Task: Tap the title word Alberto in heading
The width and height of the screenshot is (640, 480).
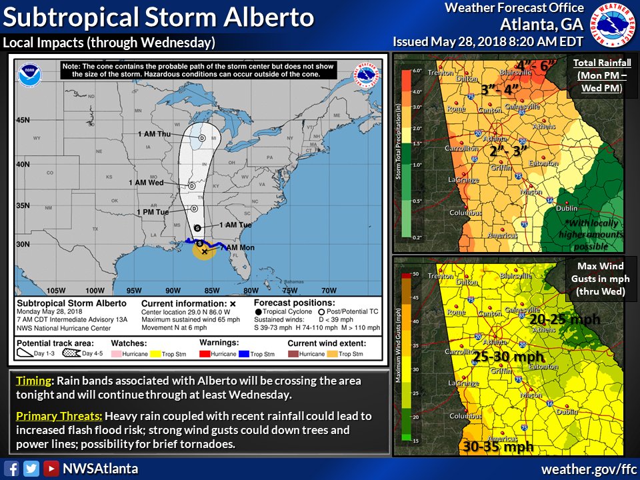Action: pos(265,17)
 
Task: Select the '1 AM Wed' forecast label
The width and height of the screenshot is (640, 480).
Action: pos(146,183)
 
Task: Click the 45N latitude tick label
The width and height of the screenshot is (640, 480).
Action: pos(24,120)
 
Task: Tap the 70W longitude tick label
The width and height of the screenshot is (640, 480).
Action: pos(328,290)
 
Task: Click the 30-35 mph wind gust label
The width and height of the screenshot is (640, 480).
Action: pos(497,446)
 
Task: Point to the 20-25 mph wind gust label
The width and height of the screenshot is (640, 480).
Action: pos(565,319)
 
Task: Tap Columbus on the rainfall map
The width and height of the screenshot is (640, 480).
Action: pos(465,213)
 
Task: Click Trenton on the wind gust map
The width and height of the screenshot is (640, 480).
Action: pos(441,275)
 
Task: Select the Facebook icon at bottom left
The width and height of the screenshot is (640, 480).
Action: pos(11,469)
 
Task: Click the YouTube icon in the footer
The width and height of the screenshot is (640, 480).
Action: pos(51,469)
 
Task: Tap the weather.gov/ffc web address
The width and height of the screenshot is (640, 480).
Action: pos(586,469)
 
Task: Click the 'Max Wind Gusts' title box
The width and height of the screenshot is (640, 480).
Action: pos(595,279)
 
